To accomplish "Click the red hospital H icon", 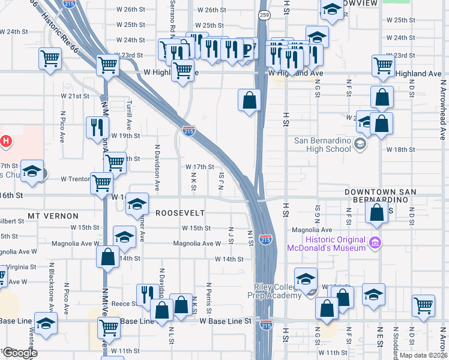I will [5, 142].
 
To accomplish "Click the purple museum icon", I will [376, 244].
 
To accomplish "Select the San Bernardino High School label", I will [322, 145].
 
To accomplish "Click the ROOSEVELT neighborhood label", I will [180, 213].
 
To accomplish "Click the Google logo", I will [20, 353].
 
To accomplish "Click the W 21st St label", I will [75, 96].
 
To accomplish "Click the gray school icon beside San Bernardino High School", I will [360, 144].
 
